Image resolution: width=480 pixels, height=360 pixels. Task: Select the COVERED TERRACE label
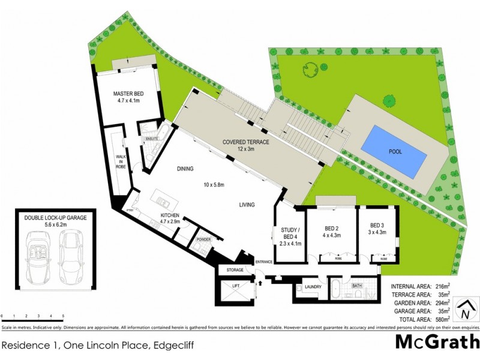[x=246, y=142]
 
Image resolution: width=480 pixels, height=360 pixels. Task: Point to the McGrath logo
[x=437, y=341]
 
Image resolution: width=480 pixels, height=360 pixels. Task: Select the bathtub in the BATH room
[x=338, y=290]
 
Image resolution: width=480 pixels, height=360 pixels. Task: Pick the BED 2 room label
[x=332, y=229]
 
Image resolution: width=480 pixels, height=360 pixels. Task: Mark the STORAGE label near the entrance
[x=235, y=271]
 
